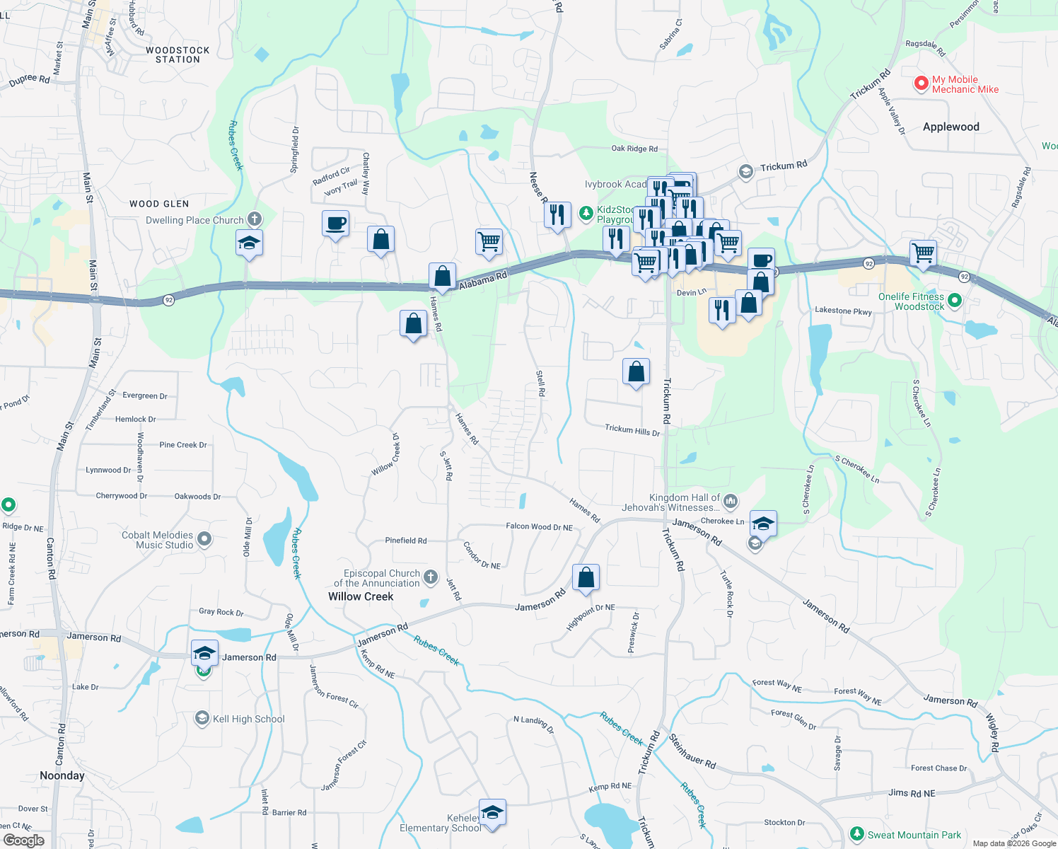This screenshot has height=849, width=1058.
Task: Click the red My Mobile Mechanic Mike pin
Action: click(x=921, y=83)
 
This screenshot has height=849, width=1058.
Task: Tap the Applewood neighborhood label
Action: click(x=951, y=127)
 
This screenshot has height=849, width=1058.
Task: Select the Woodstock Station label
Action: click(x=178, y=55)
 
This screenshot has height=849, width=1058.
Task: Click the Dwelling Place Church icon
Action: click(x=254, y=219)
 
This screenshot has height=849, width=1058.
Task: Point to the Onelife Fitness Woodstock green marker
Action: click(x=954, y=301)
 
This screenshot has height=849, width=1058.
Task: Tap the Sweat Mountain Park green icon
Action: click(x=857, y=835)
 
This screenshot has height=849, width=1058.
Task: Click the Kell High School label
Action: click(x=248, y=719)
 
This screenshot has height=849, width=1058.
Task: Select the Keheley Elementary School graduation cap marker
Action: click(x=492, y=812)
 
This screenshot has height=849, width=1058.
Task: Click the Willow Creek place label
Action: click(x=361, y=596)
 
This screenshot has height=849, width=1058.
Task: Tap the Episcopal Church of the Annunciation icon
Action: click(x=431, y=578)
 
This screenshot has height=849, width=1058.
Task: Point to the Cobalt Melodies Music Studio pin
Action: click(x=204, y=540)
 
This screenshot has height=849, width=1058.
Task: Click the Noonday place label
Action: click(x=62, y=775)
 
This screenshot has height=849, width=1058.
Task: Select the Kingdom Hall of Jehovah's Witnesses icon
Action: click(x=731, y=502)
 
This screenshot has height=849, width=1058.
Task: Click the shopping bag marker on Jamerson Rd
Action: click(x=586, y=577)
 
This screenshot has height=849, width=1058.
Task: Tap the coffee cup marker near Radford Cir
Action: click(x=335, y=224)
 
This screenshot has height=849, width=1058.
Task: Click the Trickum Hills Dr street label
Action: click(x=632, y=430)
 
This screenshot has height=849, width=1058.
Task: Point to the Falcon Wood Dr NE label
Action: click(x=539, y=527)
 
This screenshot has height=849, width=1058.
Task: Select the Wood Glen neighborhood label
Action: click(x=159, y=204)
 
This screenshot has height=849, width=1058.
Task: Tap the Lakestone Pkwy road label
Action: click(x=843, y=311)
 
